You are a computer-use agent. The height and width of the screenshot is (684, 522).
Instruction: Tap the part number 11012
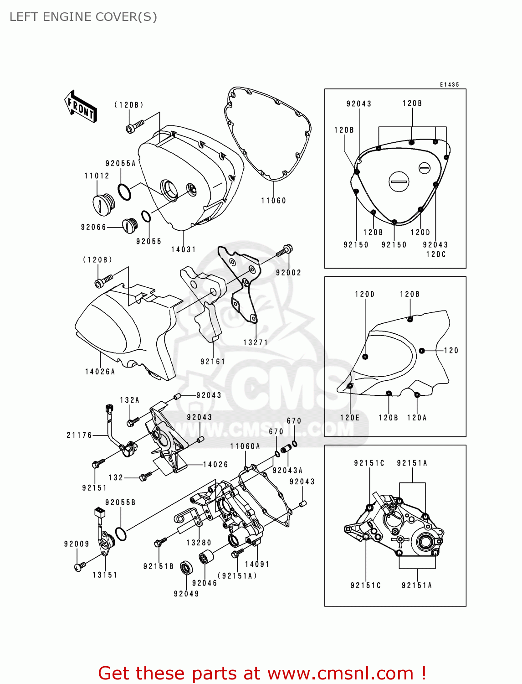pyautogui.click(x=97, y=176)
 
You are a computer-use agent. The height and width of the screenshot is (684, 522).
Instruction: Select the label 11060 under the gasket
pyautogui.click(x=273, y=201)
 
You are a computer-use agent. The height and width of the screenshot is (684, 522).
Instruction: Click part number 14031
pyautogui.click(x=184, y=249)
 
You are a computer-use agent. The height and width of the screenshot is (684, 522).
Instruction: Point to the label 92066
pyautogui.click(x=93, y=227)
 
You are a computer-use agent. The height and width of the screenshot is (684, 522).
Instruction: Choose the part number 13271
pyautogui.click(x=256, y=342)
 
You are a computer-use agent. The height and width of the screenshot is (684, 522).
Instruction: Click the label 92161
pyautogui.click(x=213, y=362)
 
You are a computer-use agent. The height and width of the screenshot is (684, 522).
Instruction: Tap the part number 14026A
pyautogui.click(x=100, y=372)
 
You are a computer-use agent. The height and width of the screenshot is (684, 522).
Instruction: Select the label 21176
pyautogui.click(x=79, y=435)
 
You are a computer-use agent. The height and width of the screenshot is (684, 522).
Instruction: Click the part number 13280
pyautogui.click(x=199, y=543)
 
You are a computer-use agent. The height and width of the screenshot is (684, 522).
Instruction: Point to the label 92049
pyautogui.click(x=186, y=594)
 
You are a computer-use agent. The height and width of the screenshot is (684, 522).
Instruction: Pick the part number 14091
pyautogui.click(x=257, y=564)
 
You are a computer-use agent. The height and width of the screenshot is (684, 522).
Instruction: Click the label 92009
pyautogui.click(x=77, y=544)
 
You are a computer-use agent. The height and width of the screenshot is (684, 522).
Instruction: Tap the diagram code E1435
pyautogui.click(x=449, y=85)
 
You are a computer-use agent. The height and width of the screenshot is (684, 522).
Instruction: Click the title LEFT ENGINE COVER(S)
pyautogui.click(x=83, y=17)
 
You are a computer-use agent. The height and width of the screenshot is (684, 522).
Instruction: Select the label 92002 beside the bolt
pyautogui.click(x=288, y=273)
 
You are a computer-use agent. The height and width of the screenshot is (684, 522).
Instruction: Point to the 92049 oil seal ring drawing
pyautogui.click(x=186, y=568)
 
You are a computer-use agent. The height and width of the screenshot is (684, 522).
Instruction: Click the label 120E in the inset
pyautogui.click(x=350, y=418)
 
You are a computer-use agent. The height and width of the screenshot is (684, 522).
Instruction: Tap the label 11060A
pyautogui.click(x=245, y=446)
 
